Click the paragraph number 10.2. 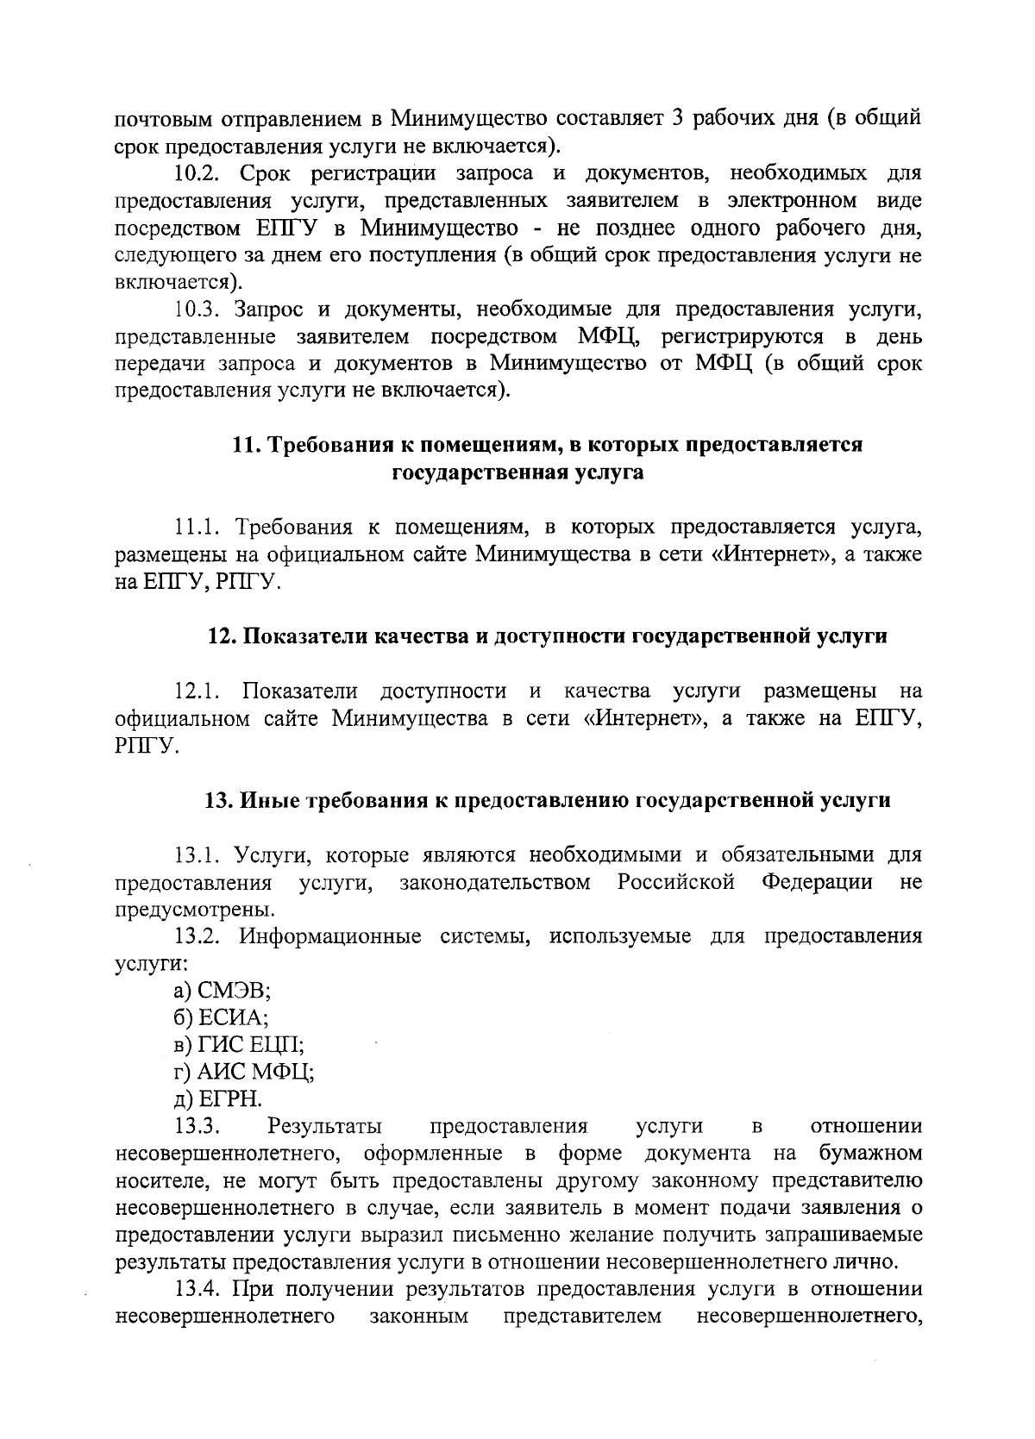194,173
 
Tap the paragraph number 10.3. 194,310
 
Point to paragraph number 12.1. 194,691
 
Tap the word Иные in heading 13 264,800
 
